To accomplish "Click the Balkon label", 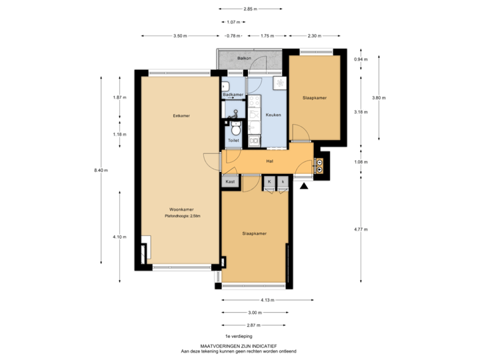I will point(243,59).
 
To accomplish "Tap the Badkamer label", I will point(233,95).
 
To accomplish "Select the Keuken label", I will point(273,115).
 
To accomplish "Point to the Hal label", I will point(270,161).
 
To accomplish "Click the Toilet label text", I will point(233,141).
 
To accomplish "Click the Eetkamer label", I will point(181,115).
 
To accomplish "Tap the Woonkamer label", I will point(181,209).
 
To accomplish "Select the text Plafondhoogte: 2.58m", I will point(182,216).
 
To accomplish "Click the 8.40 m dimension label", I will point(101,170).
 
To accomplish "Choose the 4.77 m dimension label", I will point(361,229).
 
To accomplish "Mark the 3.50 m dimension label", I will point(179,35).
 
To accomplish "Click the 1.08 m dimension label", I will point(361,161).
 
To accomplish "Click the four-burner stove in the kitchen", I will point(255,103).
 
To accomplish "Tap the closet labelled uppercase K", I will point(270,181).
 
